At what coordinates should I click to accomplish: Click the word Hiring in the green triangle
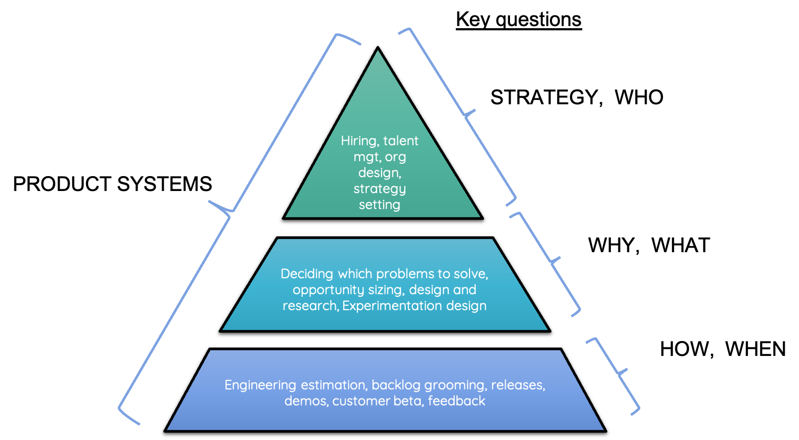click(x=359, y=141)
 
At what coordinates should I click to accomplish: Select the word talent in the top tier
click(x=401, y=141)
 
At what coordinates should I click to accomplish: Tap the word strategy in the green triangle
click(x=379, y=189)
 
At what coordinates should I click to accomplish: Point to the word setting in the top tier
click(x=379, y=205)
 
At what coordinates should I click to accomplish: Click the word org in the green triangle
click(x=395, y=157)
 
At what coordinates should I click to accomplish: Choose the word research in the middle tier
click(x=310, y=306)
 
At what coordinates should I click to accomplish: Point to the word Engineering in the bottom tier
click(x=260, y=385)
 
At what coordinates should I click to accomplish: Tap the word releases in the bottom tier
click(x=517, y=385)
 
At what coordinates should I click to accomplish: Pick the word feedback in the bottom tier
click(x=456, y=401)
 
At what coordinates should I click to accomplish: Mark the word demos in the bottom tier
click(x=305, y=401)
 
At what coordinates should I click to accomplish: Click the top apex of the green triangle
click(x=378, y=52)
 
